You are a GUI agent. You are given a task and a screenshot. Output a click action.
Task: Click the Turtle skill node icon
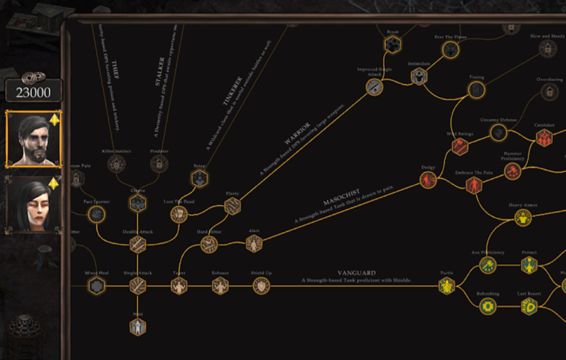click(446, 286)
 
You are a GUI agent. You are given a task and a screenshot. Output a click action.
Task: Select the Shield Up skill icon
click(261, 286)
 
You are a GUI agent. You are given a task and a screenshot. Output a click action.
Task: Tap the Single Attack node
click(138, 286)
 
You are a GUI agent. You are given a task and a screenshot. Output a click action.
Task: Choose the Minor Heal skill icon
click(96, 286)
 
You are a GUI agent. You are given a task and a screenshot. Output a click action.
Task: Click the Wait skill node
click(138, 326)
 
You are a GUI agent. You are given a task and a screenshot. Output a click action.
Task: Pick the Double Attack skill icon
click(138, 244)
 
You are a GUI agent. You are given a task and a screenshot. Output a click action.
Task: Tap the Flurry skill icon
click(232, 205)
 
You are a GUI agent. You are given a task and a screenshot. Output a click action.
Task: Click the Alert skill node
click(254, 243)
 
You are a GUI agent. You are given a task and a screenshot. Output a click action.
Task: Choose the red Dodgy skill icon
click(428, 180)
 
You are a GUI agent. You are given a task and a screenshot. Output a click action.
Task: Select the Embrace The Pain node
click(474, 185)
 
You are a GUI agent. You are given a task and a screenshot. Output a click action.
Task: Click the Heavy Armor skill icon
click(522, 218)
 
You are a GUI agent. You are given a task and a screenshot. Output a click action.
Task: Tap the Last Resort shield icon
click(529, 306)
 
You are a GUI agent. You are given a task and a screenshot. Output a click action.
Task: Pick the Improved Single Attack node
click(374, 87)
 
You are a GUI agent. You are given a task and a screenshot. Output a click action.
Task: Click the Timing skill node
click(476, 89)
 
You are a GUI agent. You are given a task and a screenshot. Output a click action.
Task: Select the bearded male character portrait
click(33, 139)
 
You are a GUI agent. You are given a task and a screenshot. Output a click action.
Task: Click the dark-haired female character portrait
click(33, 204)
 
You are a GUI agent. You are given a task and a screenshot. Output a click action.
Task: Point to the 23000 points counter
click(33, 91)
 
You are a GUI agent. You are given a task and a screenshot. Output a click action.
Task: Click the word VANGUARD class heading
click(356, 273)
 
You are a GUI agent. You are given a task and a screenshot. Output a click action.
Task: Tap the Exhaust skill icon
click(220, 286)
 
